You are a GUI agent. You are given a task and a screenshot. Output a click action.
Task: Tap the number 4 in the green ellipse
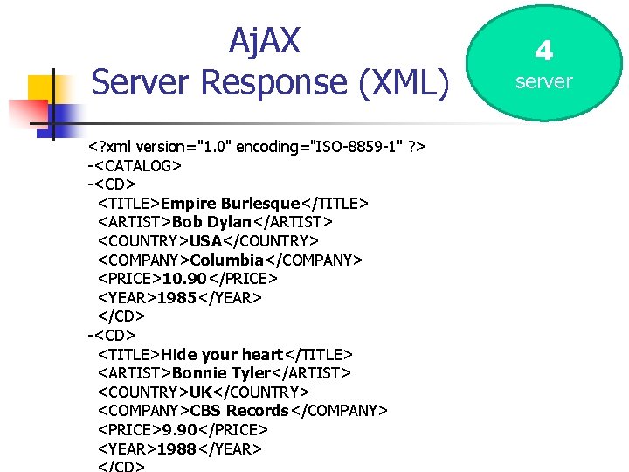543,51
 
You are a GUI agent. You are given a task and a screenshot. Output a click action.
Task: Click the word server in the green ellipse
543,81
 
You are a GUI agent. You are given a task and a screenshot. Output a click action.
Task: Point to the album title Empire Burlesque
230,204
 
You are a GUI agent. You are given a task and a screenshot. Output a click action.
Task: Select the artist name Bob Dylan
212,222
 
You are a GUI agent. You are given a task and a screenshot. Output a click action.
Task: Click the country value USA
206,240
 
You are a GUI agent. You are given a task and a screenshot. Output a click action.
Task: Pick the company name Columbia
226,260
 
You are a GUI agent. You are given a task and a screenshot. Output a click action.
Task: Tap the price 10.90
183,279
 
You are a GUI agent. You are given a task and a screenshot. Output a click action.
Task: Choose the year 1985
176,298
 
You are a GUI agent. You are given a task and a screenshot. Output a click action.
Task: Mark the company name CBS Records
239,411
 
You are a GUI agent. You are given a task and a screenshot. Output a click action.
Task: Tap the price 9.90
178,430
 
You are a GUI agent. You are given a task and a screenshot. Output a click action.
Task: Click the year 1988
176,449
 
